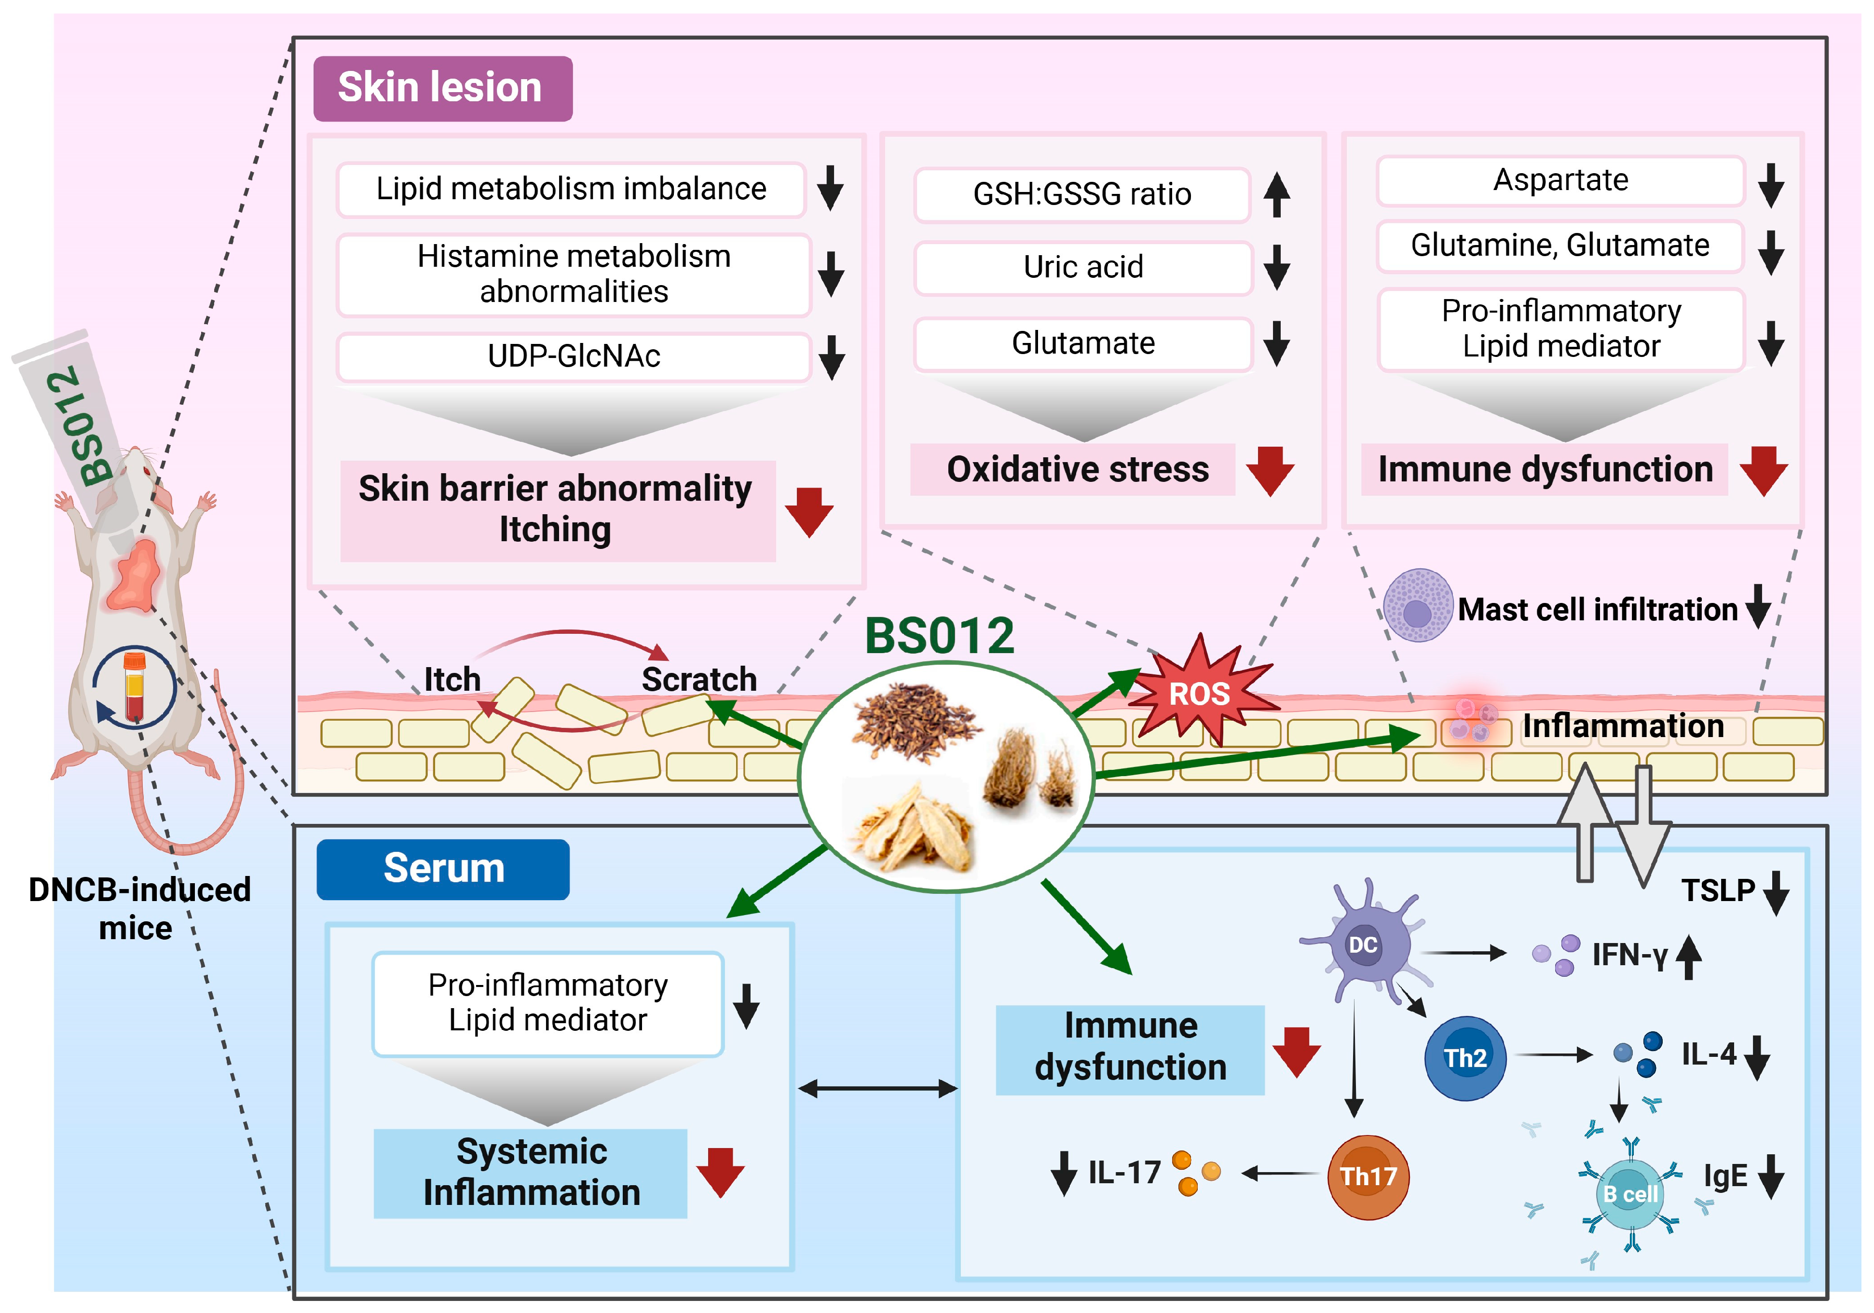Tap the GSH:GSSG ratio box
tap(1081, 194)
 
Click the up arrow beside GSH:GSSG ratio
tap(1276, 194)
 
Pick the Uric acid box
tap(1083, 267)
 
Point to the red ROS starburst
tap(1198, 692)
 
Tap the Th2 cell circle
tap(1464, 1057)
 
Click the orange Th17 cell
tap(1368, 1176)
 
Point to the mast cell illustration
tap(1418, 605)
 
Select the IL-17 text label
tap(1124, 1173)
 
